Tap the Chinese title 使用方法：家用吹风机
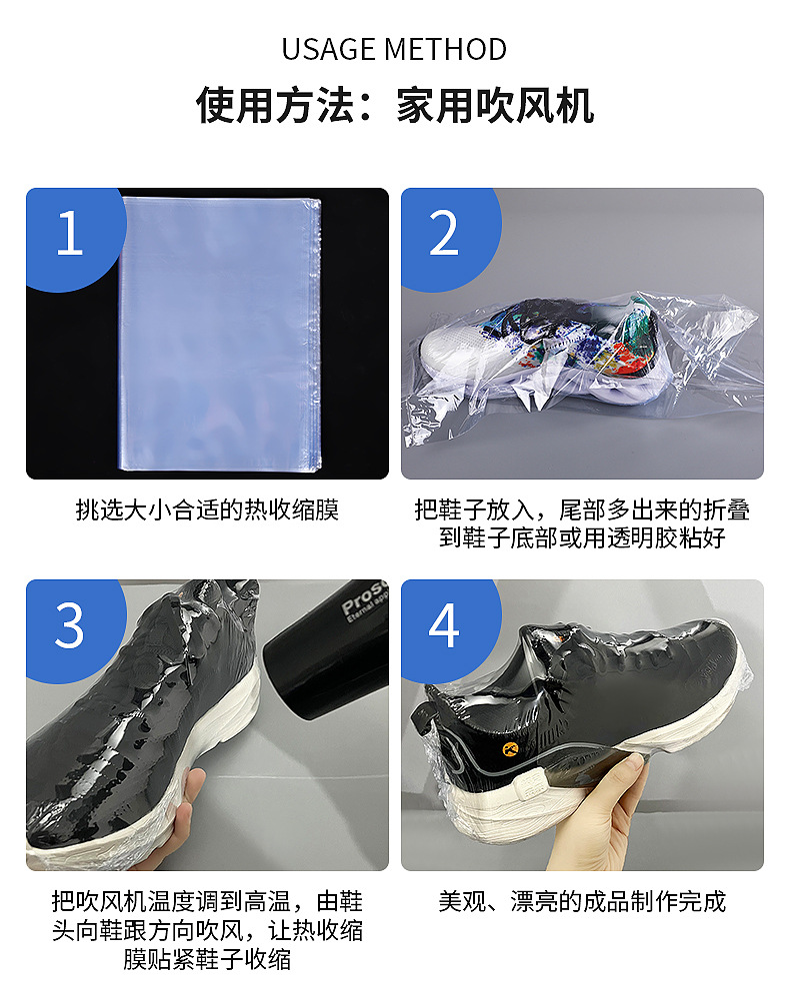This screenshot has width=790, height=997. (x=395, y=105)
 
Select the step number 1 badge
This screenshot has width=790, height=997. (x=70, y=233)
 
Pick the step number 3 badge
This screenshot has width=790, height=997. (x=70, y=625)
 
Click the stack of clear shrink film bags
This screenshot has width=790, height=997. (x=220, y=334)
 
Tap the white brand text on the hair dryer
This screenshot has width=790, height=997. (x=364, y=599)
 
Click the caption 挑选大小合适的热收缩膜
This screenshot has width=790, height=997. (x=207, y=509)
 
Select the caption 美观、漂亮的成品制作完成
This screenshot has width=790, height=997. (x=582, y=902)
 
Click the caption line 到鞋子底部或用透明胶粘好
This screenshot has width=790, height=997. (x=582, y=537)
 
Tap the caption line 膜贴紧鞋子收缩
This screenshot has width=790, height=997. (x=207, y=959)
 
